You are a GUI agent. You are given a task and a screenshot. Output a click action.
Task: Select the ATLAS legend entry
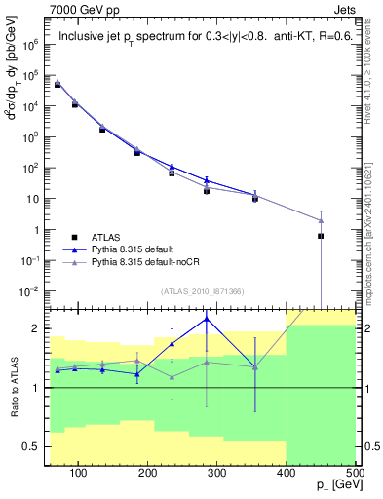tap(101, 236)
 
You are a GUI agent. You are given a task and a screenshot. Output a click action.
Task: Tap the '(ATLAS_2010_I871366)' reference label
tap(203, 291)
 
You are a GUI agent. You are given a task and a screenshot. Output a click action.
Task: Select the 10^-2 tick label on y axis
tap(35, 291)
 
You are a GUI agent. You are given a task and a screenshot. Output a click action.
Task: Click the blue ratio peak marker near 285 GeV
tap(206, 319)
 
